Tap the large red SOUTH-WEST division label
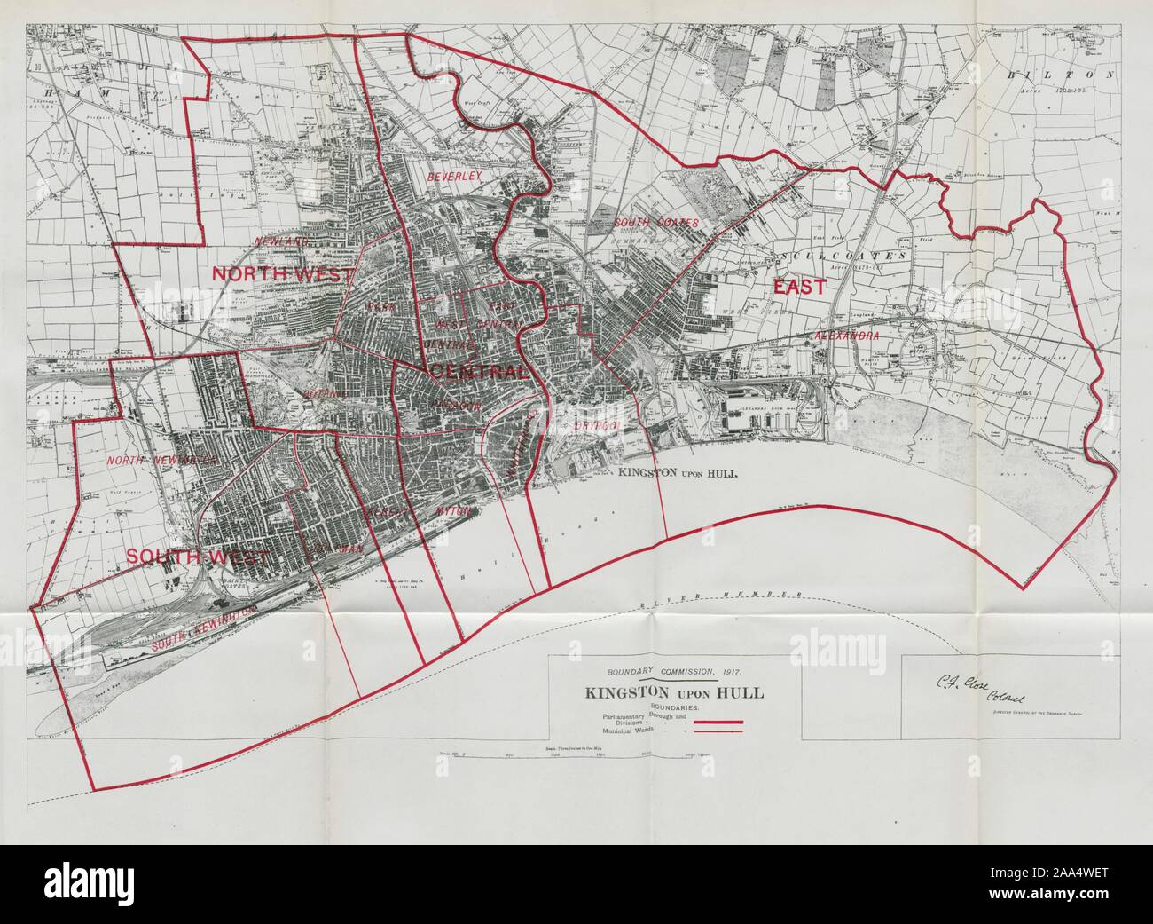pos(197,557)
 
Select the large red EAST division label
pos(798,287)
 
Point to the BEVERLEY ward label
pos(454,177)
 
